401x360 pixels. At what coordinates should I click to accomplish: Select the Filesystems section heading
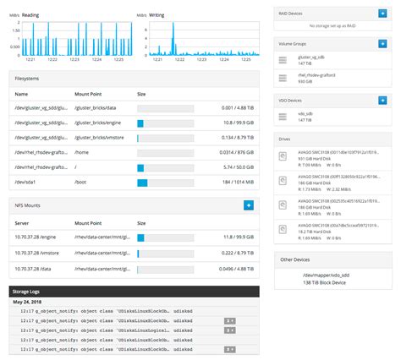(32, 78)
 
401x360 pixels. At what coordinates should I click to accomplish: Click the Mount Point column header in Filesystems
(89, 94)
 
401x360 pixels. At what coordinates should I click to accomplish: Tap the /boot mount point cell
(81, 182)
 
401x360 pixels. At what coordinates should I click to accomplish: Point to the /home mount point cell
(83, 152)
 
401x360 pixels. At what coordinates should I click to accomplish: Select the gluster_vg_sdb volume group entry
(315, 60)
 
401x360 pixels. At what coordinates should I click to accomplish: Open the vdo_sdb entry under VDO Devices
(308, 113)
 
